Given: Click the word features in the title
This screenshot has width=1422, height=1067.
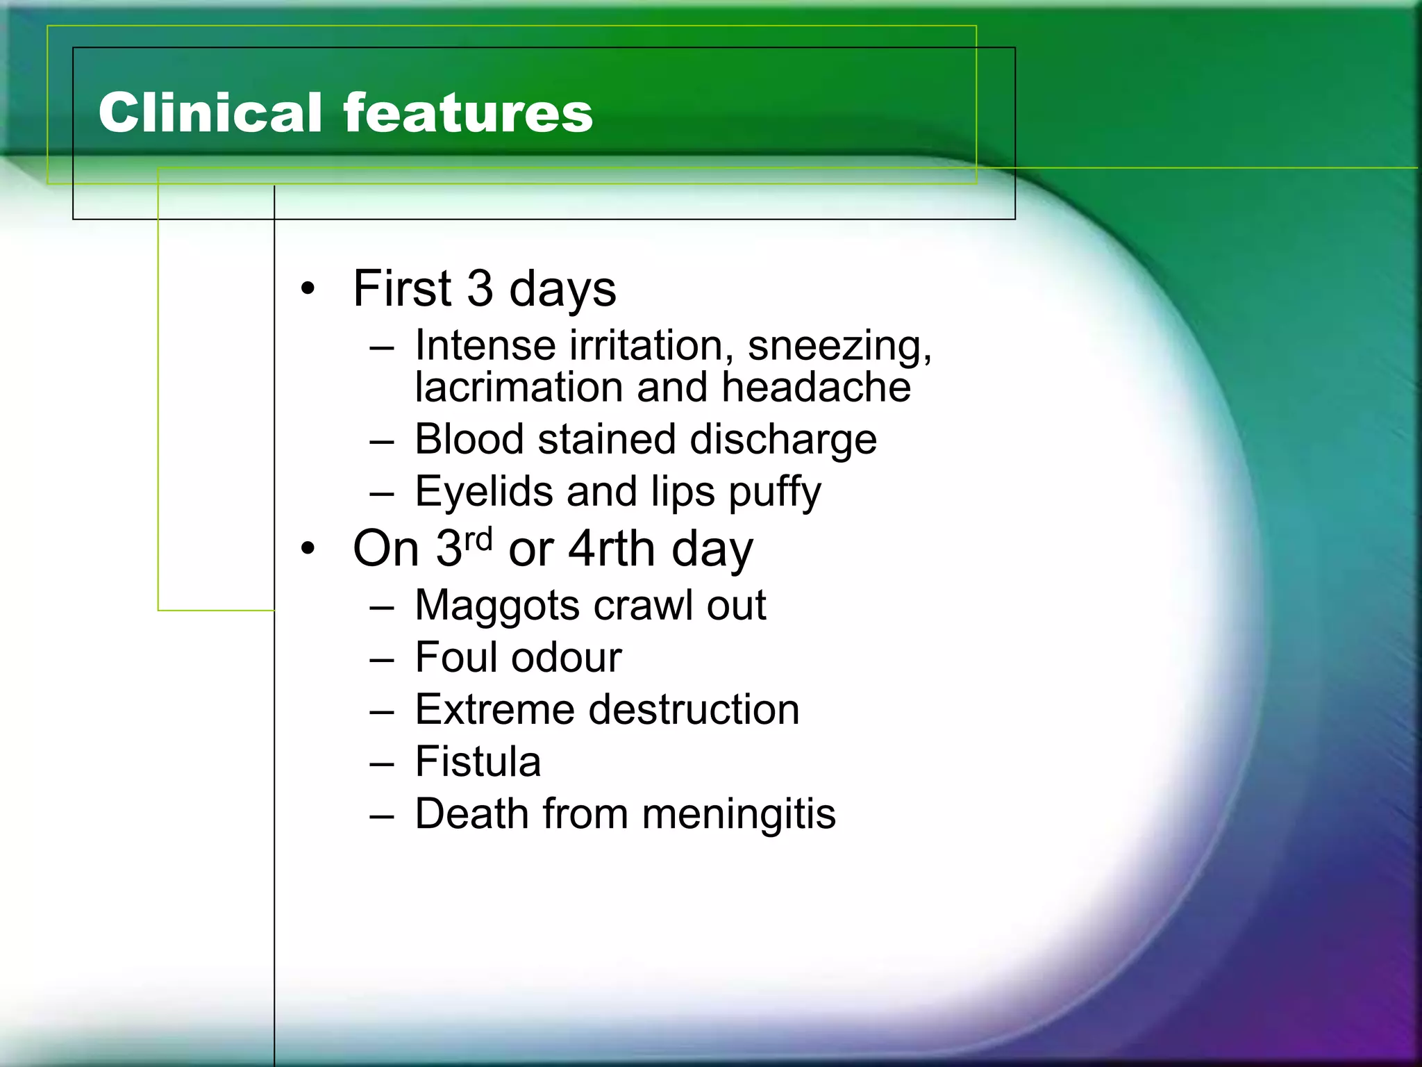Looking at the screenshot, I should coord(468,113).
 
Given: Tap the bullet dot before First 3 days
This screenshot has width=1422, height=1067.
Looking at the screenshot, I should coord(308,288).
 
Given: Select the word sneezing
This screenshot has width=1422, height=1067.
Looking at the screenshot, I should coord(839,346).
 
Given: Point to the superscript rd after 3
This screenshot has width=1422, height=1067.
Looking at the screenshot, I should coord(478,538).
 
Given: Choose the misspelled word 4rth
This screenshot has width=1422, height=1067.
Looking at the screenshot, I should coord(612,549).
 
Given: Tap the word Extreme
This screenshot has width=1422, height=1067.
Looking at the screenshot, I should coord(494,709).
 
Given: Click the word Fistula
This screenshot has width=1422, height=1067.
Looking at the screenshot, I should coord(478,761).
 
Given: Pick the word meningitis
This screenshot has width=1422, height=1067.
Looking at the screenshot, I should coord(739,814).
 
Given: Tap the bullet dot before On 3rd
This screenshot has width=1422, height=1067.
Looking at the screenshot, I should coord(308,549).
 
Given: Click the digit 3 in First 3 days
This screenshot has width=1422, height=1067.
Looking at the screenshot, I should coord(480,288).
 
